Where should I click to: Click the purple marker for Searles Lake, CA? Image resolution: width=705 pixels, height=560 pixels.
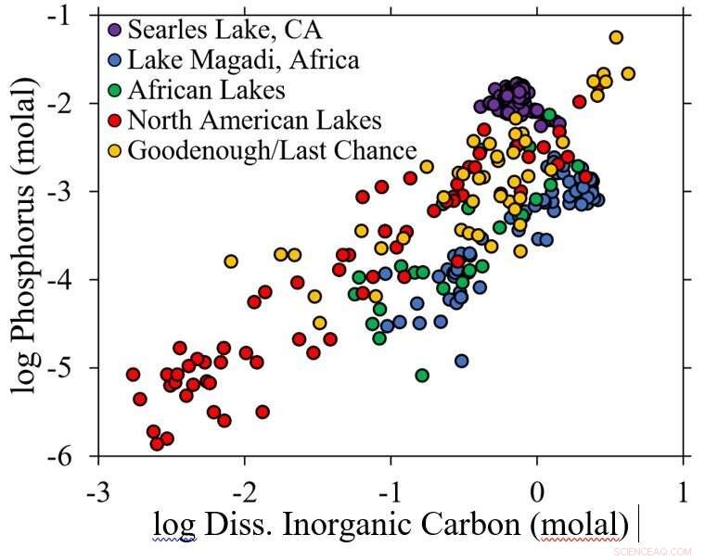pos(115,29)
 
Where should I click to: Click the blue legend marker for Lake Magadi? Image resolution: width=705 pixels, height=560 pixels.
pos(115,61)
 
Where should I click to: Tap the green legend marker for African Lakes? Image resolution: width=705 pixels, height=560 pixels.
pos(115,91)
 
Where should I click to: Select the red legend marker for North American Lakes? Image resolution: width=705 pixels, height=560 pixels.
pos(115,121)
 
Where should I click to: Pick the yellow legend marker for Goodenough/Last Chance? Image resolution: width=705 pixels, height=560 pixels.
pos(115,150)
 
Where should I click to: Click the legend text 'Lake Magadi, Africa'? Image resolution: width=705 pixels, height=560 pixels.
pos(243,61)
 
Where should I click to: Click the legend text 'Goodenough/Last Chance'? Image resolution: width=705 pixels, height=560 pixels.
pos(273,150)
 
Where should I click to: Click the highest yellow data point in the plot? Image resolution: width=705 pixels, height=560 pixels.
pos(616,37)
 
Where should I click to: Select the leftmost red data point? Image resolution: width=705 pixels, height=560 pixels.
pos(134,375)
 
